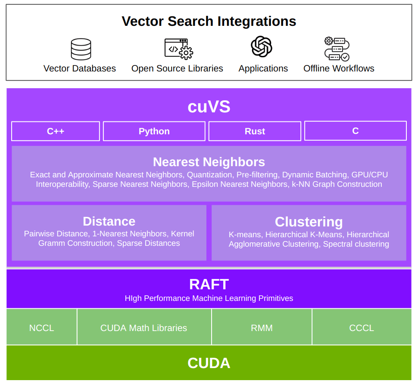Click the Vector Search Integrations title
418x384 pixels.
click(x=209, y=21)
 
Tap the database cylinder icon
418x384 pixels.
click(x=81, y=49)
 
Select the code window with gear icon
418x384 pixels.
click(x=178, y=49)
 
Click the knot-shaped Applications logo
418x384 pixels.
click(x=262, y=46)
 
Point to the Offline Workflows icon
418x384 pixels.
click(x=337, y=49)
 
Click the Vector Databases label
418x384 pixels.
click(x=80, y=68)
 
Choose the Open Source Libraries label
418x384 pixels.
click(x=177, y=68)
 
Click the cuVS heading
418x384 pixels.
click(x=209, y=107)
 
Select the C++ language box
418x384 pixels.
click(x=56, y=131)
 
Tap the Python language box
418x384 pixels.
click(x=154, y=131)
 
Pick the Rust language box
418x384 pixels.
click(x=255, y=131)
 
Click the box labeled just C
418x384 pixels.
click(x=355, y=131)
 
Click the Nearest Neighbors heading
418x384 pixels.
click(x=209, y=162)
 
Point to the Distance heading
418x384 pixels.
click(x=109, y=221)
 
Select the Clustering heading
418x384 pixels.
click(x=309, y=222)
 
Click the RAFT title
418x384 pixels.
click(x=209, y=285)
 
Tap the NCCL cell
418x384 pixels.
click(x=42, y=328)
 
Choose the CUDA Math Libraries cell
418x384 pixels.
click(x=143, y=328)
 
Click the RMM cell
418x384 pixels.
click(x=262, y=328)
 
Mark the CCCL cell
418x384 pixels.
click(x=361, y=328)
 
